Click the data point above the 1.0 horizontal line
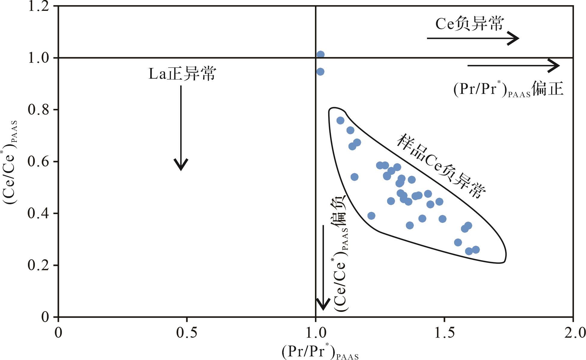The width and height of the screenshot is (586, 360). pyautogui.click(x=321, y=54)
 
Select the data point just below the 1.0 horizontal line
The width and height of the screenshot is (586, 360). pyautogui.click(x=320, y=72)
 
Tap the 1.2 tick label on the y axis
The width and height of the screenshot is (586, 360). pyautogui.click(x=38, y=6)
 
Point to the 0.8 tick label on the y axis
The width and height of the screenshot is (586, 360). pyautogui.click(x=38, y=110)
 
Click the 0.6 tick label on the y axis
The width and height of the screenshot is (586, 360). pyautogui.click(x=38, y=162)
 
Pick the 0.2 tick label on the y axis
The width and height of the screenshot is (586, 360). pyautogui.click(x=38, y=265)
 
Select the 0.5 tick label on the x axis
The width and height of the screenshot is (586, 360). pyautogui.click(x=187, y=333)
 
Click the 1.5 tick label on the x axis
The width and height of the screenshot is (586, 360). pyautogui.click(x=444, y=333)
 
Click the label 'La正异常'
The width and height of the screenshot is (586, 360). pyautogui.click(x=182, y=74)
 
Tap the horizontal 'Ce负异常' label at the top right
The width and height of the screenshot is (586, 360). pyautogui.click(x=469, y=24)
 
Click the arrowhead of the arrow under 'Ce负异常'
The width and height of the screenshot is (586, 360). pyautogui.click(x=514, y=38)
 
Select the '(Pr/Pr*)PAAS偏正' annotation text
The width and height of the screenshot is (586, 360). pyautogui.click(x=508, y=90)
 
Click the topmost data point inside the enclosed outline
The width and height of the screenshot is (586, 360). pyautogui.click(x=340, y=121)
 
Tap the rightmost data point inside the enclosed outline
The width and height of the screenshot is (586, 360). pyautogui.click(x=476, y=250)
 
